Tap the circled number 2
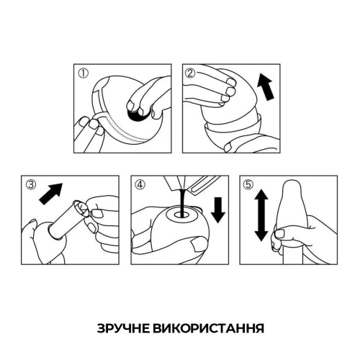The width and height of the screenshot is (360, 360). [191, 73]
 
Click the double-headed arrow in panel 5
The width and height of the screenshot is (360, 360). [261, 214]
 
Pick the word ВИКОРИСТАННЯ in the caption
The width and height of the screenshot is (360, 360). [211, 328]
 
